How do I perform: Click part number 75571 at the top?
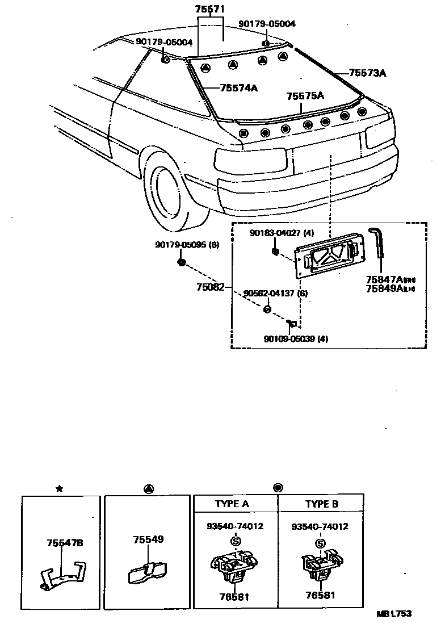pos(210,10)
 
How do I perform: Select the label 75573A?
pos(367,73)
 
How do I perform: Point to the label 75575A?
pos(305,96)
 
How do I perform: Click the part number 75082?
pos(210,287)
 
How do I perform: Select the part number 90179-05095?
pos(182,245)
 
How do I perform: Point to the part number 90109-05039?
pos(291,339)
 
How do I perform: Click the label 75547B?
pos(65,543)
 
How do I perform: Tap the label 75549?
pos(149,539)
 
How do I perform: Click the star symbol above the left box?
pos(60,488)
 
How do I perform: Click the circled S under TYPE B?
pos(321,543)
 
